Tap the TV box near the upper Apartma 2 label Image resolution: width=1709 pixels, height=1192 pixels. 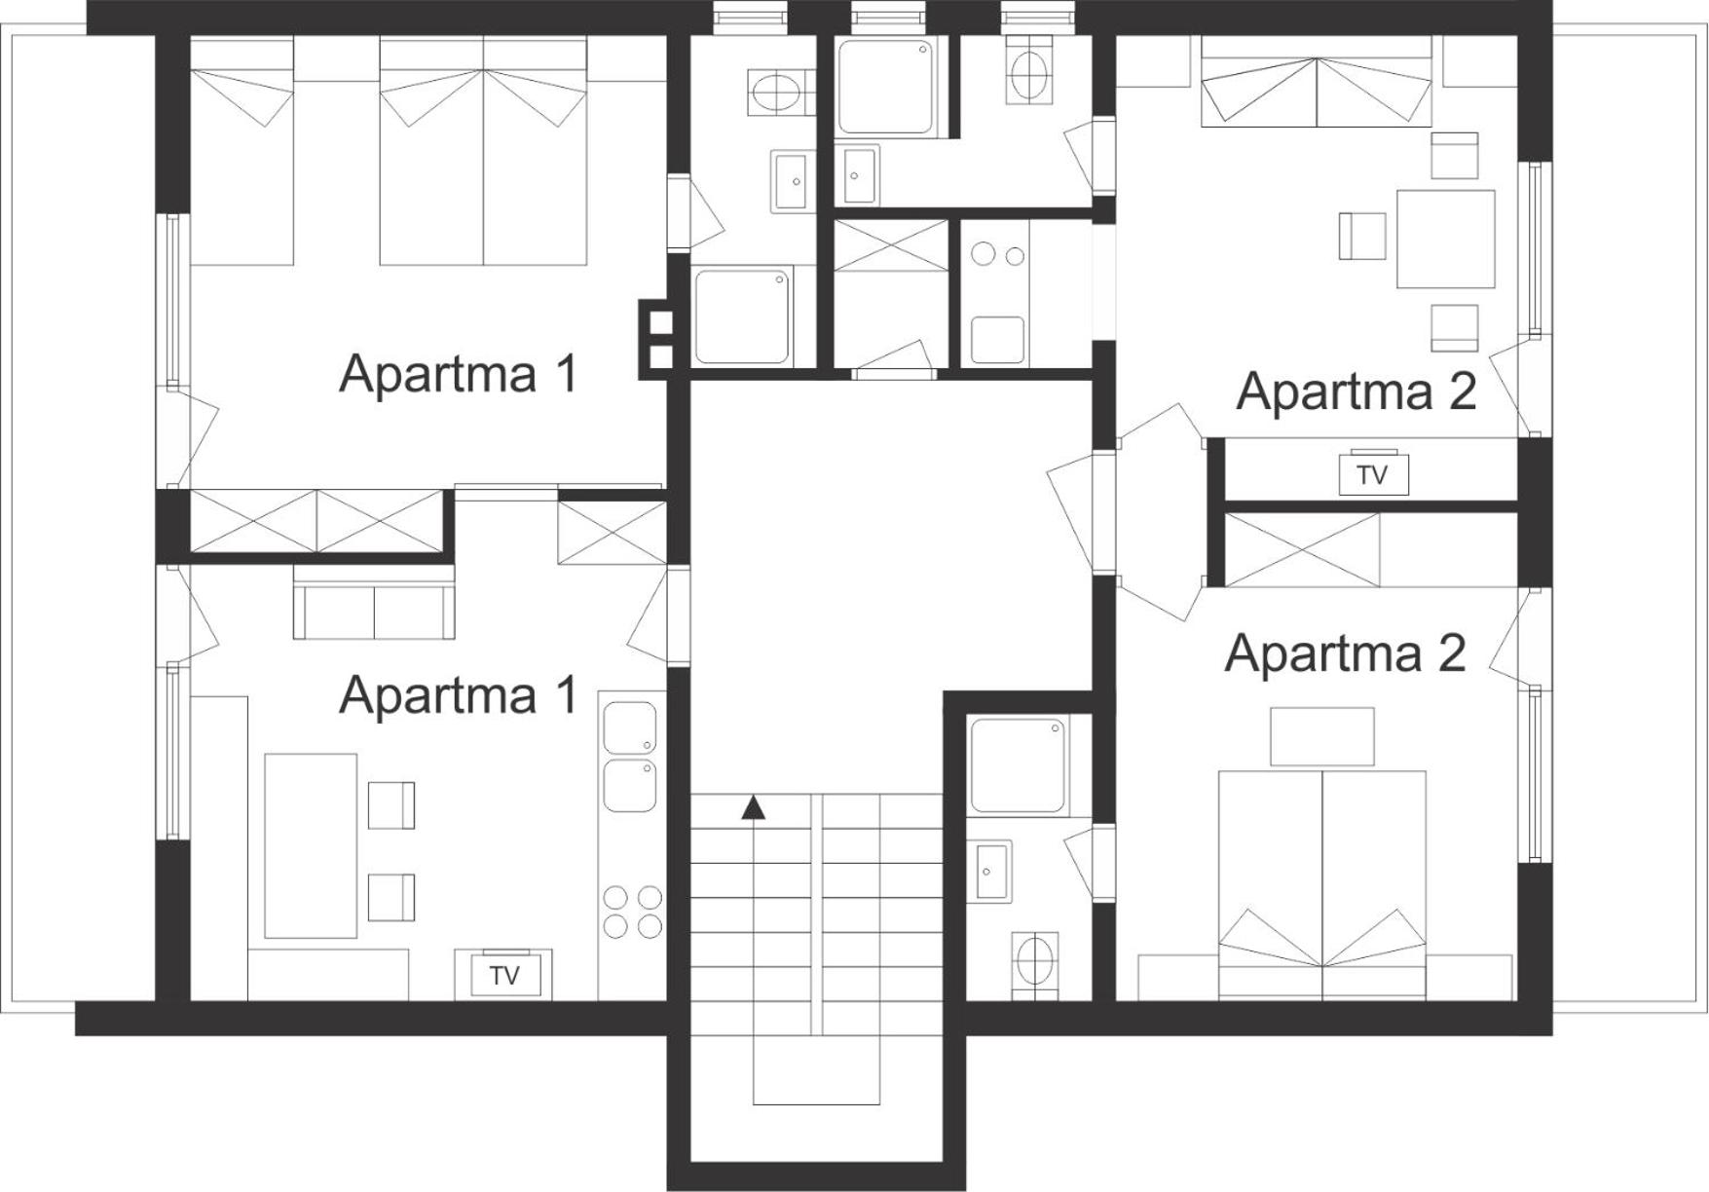point(1373,474)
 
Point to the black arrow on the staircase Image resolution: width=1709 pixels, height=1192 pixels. point(752,807)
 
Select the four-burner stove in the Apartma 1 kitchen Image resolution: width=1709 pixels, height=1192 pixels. point(632,911)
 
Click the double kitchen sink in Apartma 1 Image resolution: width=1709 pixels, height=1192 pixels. point(630,756)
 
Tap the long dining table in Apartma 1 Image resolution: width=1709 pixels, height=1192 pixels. point(311,845)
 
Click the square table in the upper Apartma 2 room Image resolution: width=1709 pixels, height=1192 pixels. point(1445,239)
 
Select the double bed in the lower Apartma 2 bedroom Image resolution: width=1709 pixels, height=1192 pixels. point(1322,884)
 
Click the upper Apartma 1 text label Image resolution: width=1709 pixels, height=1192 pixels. point(458,373)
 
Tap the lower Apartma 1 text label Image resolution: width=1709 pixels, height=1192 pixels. point(458,694)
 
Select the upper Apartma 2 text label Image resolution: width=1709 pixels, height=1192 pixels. point(1356,391)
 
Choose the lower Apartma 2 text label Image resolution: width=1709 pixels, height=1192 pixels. point(1345,652)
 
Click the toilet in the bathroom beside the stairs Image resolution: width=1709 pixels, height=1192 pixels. point(1034,963)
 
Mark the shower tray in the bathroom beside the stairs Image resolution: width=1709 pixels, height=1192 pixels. point(1019,765)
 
